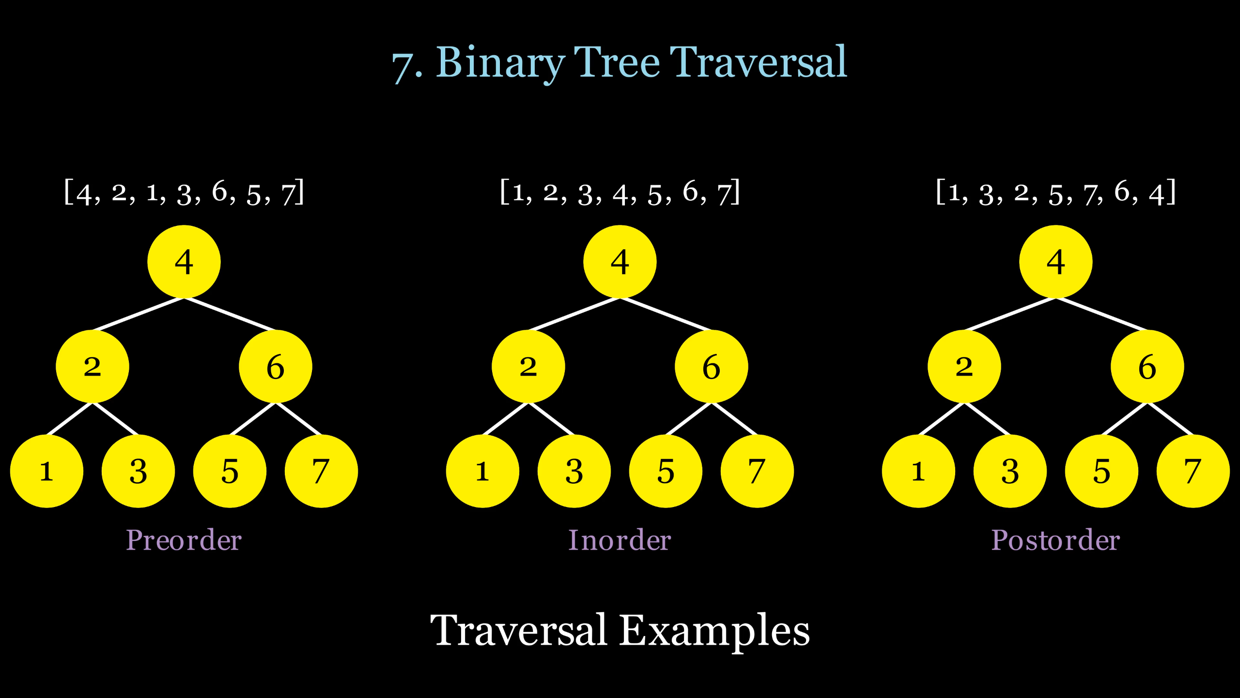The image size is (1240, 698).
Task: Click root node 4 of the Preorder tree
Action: (x=184, y=262)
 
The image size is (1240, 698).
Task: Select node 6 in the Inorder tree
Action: (x=711, y=366)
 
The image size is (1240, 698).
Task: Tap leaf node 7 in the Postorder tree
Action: (x=1193, y=471)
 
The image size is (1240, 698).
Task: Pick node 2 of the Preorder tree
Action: (x=92, y=366)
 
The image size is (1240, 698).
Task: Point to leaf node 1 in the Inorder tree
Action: (x=482, y=471)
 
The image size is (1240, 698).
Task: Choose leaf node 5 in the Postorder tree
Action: (x=1101, y=471)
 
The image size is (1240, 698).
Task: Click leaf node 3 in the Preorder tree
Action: (x=138, y=471)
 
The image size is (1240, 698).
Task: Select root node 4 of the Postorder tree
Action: (x=1055, y=262)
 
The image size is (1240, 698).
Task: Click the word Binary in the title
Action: (x=500, y=63)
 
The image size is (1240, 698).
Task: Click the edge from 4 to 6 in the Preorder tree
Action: (x=230, y=314)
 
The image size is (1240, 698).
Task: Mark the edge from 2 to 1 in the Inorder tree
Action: (x=505, y=419)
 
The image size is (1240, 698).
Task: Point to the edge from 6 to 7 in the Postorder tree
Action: (x=1170, y=419)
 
